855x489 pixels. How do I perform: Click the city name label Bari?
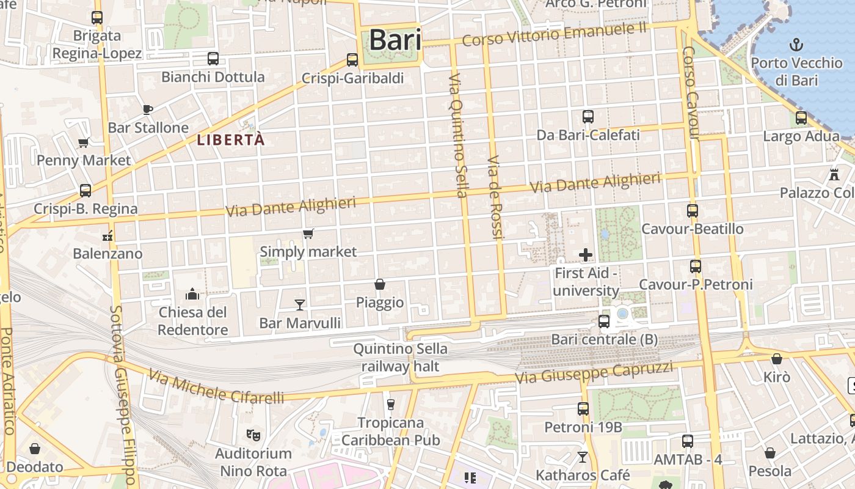pos(395,40)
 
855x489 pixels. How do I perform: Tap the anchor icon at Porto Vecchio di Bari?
pos(796,44)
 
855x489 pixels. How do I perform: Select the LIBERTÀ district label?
pos(231,140)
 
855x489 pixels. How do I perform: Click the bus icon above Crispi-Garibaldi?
pos(352,60)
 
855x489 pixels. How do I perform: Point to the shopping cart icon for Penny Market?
pos(84,143)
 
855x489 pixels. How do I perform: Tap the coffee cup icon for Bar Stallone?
pos(147,110)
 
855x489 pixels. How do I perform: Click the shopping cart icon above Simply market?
pos(308,233)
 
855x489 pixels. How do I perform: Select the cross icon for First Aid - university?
pos(586,254)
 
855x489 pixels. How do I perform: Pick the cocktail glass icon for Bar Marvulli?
pos(300,304)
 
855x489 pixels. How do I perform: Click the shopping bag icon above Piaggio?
pos(380,284)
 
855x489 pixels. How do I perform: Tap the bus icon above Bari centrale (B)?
pos(604,321)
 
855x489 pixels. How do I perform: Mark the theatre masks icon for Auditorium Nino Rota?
pos(253,435)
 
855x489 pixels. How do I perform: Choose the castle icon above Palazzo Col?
pos(834,175)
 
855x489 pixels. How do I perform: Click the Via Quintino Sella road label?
pos(458,136)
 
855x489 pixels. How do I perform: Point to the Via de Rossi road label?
pos(495,197)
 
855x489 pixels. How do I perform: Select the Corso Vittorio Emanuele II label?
pos(554,34)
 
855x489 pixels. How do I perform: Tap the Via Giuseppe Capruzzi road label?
pos(594,372)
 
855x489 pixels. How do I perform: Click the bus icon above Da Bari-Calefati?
pos(588,117)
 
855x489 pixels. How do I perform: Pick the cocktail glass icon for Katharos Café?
pos(583,457)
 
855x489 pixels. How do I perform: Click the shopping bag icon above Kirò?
pos(777,359)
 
